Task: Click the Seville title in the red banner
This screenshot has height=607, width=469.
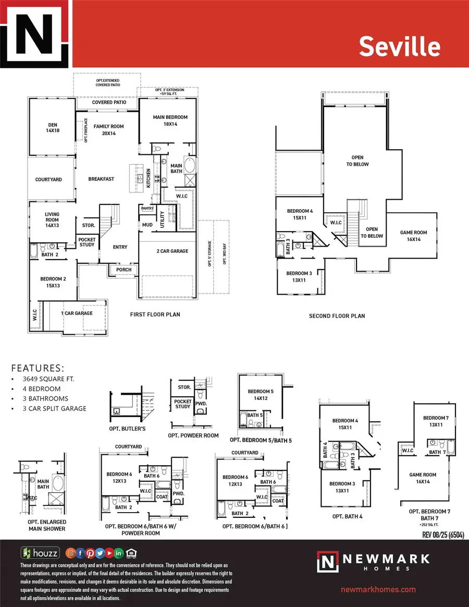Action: click(399, 46)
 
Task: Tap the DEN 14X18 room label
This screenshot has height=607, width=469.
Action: click(53, 127)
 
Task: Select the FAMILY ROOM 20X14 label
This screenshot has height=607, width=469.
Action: click(108, 130)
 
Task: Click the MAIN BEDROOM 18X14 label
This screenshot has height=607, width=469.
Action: click(170, 121)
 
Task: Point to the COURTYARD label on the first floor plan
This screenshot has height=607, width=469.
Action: click(48, 179)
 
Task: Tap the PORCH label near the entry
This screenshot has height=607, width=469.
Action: click(124, 270)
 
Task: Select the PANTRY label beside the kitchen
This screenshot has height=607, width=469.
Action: click(146, 208)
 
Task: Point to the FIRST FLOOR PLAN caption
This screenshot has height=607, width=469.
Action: click(155, 315)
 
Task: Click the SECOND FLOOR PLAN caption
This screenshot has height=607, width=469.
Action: click(337, 316)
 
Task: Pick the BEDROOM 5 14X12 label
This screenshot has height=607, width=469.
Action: click(261, 395)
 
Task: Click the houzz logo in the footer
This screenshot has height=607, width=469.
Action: click(40, 553)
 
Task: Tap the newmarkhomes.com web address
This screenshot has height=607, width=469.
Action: click(378, 589)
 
